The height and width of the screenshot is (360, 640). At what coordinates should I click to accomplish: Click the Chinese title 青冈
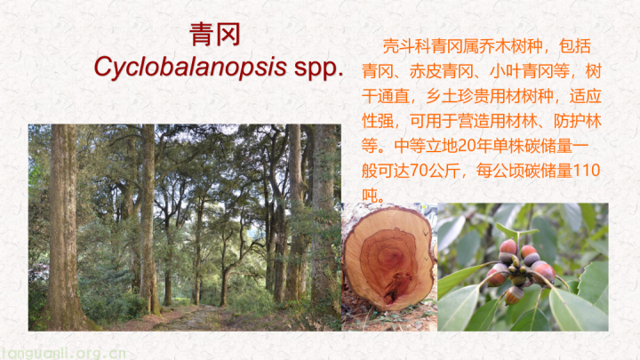click(x=215, y=35)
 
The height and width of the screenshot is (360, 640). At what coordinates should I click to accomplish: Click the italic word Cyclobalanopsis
click(x=190, y=67)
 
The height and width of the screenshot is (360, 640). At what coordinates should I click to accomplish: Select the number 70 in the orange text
click(x=420, y=171)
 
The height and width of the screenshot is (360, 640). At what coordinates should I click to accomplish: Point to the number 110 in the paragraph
click(x=587, y=170)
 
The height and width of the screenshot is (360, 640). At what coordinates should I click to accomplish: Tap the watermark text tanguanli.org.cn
click(x=63, y=353)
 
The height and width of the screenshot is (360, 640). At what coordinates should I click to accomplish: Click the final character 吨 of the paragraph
click(x=370, y=196)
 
